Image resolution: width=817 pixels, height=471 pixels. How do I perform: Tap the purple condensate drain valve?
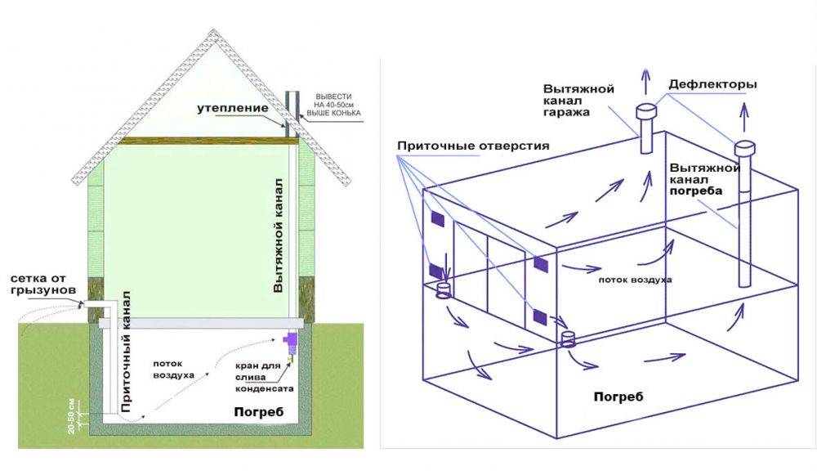pos(289,337)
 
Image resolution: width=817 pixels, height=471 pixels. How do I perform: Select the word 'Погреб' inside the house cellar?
pos(257,412)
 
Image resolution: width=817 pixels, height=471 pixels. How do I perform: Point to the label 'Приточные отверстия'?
pos(473,146)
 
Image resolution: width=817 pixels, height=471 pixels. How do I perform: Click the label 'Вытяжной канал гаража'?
pos(578,100)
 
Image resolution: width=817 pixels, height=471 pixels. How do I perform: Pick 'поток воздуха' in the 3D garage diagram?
pos(634,279)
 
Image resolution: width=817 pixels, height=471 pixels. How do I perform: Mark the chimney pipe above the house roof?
pos(290,110)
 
